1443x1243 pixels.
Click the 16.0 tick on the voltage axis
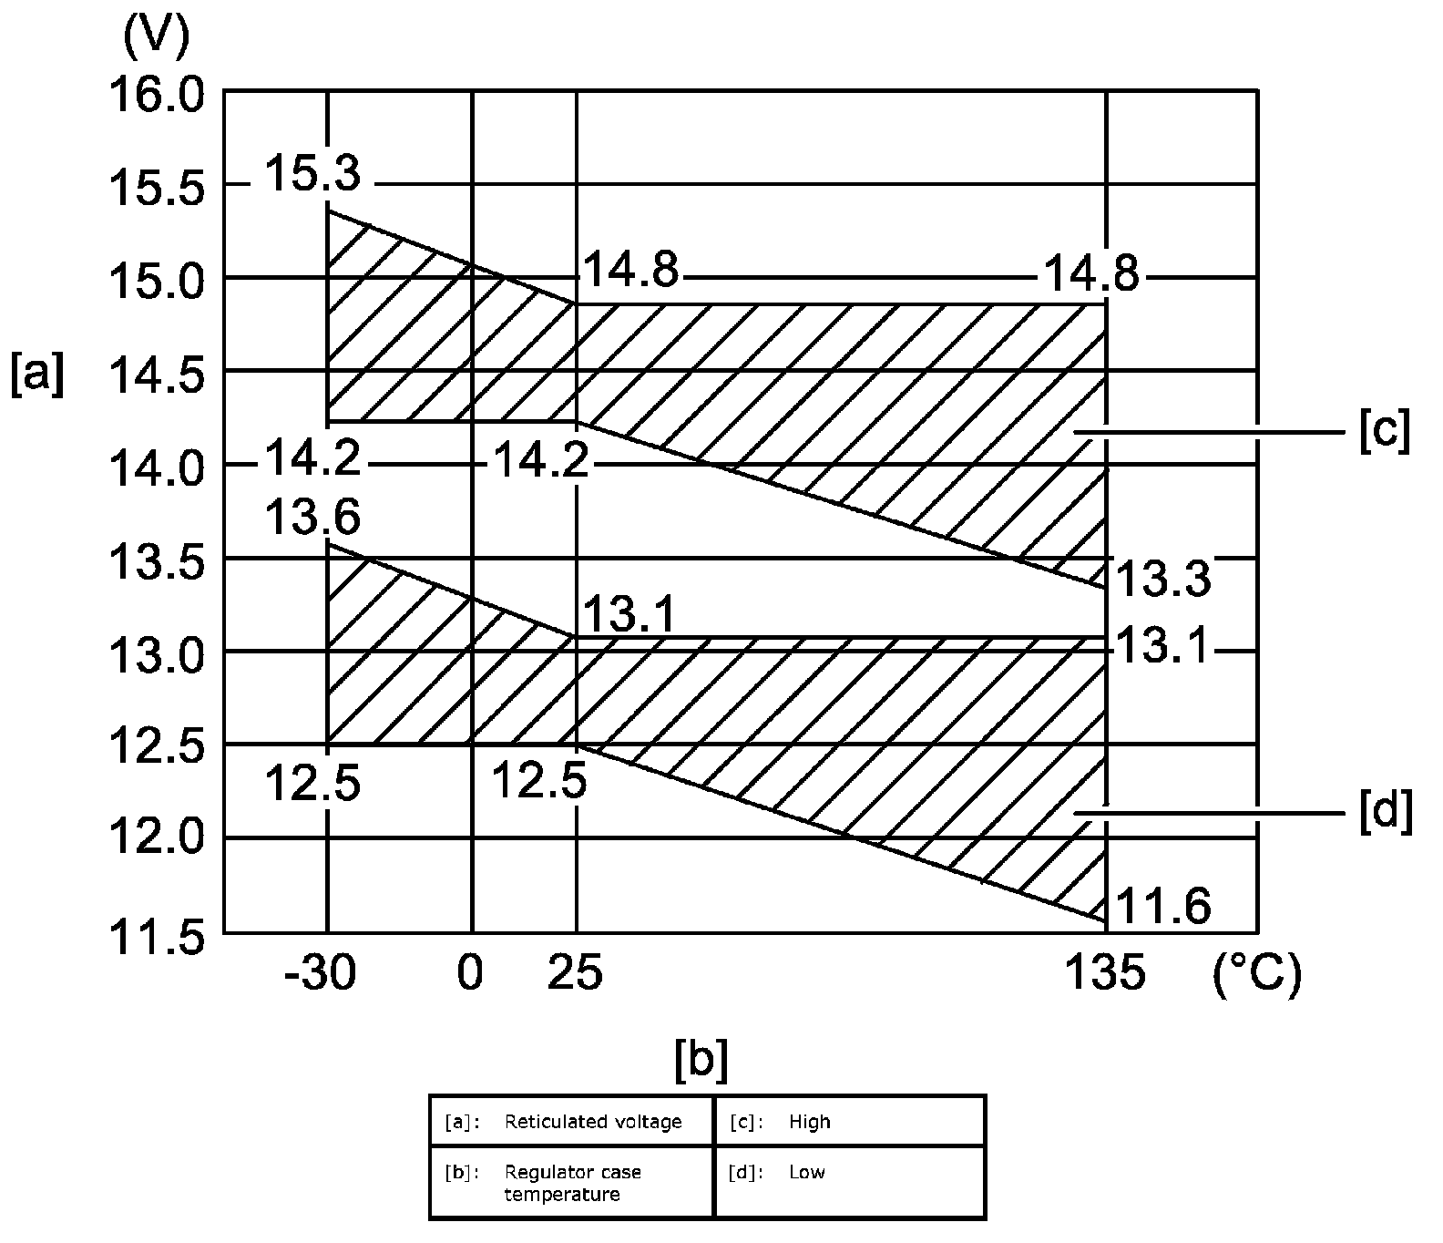156,94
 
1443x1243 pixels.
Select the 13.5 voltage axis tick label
156,563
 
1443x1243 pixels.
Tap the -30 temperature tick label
319,975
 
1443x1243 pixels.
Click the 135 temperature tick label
1105,975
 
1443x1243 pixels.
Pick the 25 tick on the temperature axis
575,975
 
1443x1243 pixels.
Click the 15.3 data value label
312,174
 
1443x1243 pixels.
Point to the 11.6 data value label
1163,908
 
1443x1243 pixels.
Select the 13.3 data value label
1163,579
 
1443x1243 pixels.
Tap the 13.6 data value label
312,519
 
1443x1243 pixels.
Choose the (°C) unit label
1257,975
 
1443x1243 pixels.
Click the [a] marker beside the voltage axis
36,375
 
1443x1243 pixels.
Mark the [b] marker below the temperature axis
701,1060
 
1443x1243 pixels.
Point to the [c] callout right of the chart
1384,431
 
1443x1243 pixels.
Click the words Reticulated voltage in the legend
593,1122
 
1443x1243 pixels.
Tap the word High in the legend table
810,1122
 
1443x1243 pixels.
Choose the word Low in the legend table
806,1172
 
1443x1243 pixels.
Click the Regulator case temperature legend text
572,1183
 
